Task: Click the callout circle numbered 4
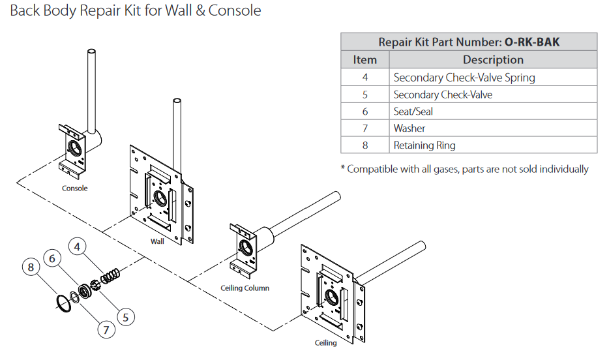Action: (x=78, y=247)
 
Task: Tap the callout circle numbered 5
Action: (x=126, y=316)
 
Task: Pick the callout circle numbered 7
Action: (x=106, y=329)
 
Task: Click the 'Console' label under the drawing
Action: (x=74, y=188)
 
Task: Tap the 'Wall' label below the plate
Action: (x=157, y=241)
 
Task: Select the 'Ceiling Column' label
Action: (x=245, y=288)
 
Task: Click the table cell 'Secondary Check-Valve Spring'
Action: (x=464, y=78)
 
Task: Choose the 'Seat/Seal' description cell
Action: (x=413, y=112)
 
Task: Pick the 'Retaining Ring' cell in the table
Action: (x=424, y=145)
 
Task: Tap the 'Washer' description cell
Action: (x=409, y=128)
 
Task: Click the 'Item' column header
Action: (x=364, y=60)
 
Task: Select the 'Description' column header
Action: (x=492, y=60)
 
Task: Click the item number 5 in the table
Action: (x=364, y=95)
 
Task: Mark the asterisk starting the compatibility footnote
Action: (x=343, y=169)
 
